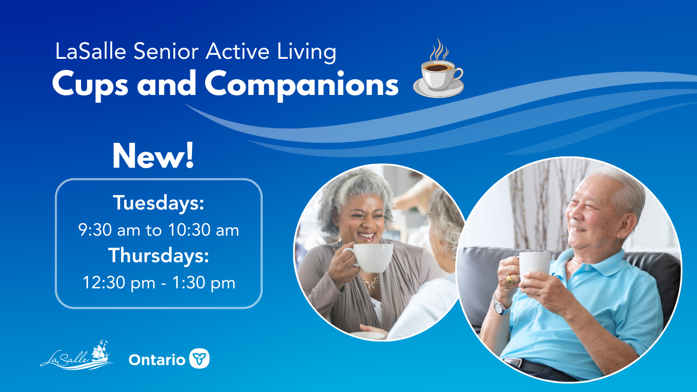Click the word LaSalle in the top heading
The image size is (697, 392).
91,51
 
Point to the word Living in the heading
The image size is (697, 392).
307,52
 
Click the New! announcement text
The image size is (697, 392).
153,156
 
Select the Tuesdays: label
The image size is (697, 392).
159,203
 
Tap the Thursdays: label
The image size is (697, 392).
159,255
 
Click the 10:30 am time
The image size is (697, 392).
203,230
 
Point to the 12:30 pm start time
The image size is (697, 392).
119,283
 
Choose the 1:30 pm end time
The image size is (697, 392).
203,283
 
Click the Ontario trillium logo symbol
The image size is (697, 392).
200,358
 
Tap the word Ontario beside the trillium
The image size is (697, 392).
157,360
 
